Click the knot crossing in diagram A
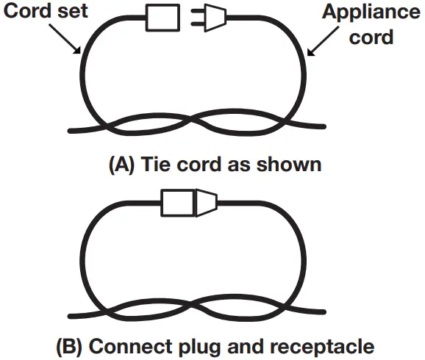coord(193,120)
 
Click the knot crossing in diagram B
coord(193,308)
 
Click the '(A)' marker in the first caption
coord(121,164)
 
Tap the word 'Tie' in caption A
coord(154,164)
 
